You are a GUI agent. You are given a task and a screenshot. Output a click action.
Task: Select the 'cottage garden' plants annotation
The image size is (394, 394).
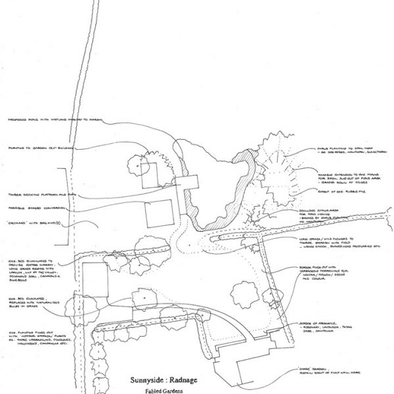pyautogui.click(x=37, y=341)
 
